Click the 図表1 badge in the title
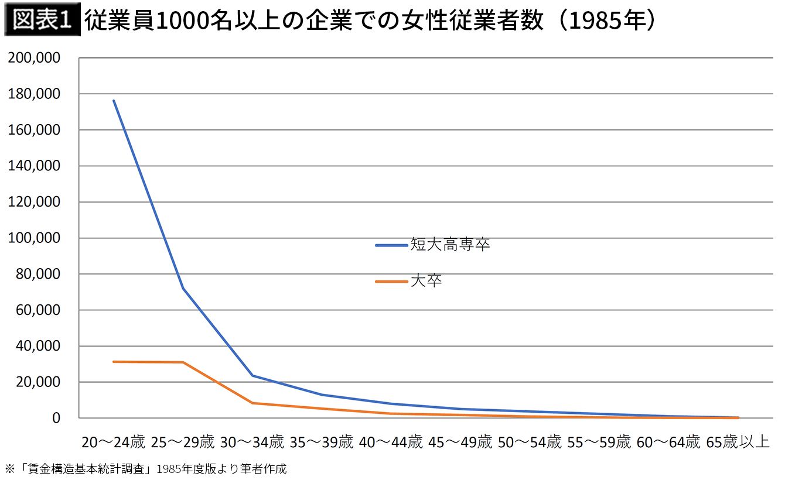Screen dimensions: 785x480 42,19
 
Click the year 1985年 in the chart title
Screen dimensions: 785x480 607,20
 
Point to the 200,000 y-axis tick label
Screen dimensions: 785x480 34,58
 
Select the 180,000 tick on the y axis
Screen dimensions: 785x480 34,94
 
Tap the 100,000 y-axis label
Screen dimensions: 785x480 34,238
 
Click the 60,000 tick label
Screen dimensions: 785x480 38,310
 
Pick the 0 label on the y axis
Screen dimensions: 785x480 56,418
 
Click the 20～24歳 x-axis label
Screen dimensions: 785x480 113,442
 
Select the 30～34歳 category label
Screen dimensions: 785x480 252,442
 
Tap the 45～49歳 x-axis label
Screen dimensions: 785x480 460,442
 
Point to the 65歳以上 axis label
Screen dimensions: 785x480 738,442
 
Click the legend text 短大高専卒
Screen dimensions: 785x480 450,244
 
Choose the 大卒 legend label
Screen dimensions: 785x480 426,281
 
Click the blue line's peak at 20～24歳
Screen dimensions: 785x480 114,101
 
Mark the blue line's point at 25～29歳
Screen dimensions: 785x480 183,288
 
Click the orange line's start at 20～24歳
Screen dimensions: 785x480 114,362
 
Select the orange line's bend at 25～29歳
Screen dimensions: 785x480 183,362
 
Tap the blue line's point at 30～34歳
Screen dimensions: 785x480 252,376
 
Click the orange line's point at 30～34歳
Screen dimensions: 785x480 252,403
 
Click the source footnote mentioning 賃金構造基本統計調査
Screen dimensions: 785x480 146,469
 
